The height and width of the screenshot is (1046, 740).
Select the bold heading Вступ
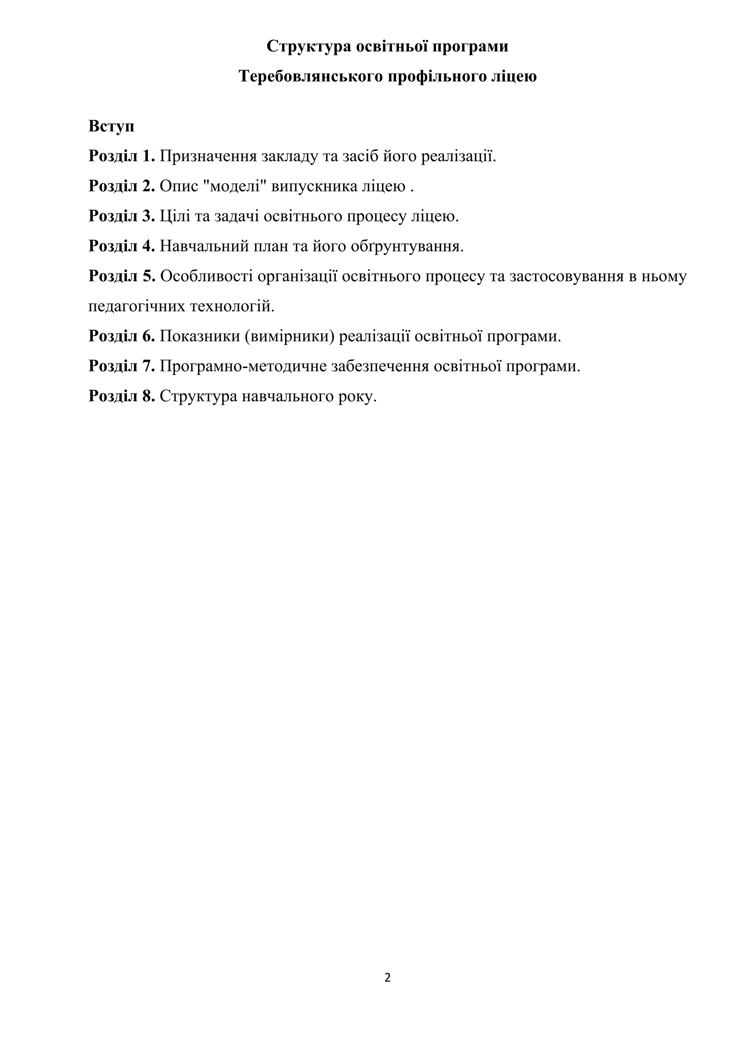(111, 126)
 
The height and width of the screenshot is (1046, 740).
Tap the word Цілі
(175, 216)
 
